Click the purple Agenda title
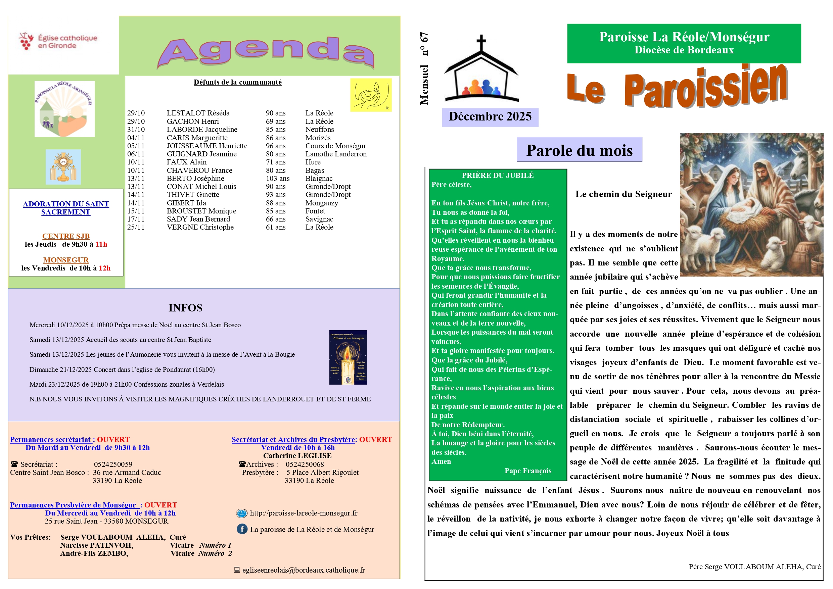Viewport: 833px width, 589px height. [x=266, y=52]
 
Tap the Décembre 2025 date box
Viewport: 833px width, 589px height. [x=490, y=117]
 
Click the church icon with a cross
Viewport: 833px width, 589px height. [x=481, y=69]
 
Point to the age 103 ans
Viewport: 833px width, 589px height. [x=278, y=179]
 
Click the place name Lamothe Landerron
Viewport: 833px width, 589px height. [x=336, y=154]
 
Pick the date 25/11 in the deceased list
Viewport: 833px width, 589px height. [x=136, y=228]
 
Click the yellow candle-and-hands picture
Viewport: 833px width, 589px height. [x=371, y=95]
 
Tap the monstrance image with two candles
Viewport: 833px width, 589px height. [x=63, y=167]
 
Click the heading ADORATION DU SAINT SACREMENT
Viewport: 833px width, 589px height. [x=66, y=208]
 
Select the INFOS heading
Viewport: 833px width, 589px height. [x=185, y=308]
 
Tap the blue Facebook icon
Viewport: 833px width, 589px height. [x=242, y=529]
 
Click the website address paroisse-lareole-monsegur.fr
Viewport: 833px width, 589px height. [x=303, y=513]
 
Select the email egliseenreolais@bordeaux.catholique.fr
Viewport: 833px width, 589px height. [x=303, y=570]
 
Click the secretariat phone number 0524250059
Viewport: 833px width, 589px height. [x=113, y=464]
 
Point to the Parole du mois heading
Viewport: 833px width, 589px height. [x=579, y=150]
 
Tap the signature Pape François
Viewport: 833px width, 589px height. [x=527, y=471]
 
